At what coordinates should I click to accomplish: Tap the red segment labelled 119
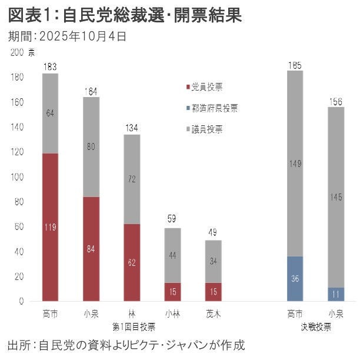tap(50, 226)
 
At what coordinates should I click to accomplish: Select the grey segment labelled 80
tap(91, 147)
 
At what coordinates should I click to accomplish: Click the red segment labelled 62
tap(132, 262)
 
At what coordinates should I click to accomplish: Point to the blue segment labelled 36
tap(295, 279)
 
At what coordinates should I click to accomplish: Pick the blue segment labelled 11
tap(335, 294)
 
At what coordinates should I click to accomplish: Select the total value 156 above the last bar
tap(335, 102)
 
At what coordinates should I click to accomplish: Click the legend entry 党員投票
tap(206, 87)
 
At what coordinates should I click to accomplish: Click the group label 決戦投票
tap(315, 325)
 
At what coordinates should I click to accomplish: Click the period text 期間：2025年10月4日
tap(67, 36)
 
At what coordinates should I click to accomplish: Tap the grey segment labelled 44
tap(173, 255)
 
